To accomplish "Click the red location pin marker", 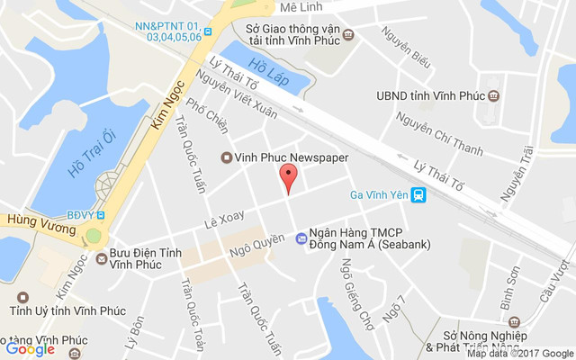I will [x=288, y=177].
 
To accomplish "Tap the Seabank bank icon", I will [x=301, y=238].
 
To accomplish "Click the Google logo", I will [x=30, y=349].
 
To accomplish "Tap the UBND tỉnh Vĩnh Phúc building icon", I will [x=493, y=94].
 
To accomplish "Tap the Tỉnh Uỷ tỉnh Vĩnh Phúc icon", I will [x=22, y=296].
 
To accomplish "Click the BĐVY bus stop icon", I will [x=102, y=214].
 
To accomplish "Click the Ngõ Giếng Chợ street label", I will [x=356, y=292].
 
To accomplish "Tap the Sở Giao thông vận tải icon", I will [x=349, y=35].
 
